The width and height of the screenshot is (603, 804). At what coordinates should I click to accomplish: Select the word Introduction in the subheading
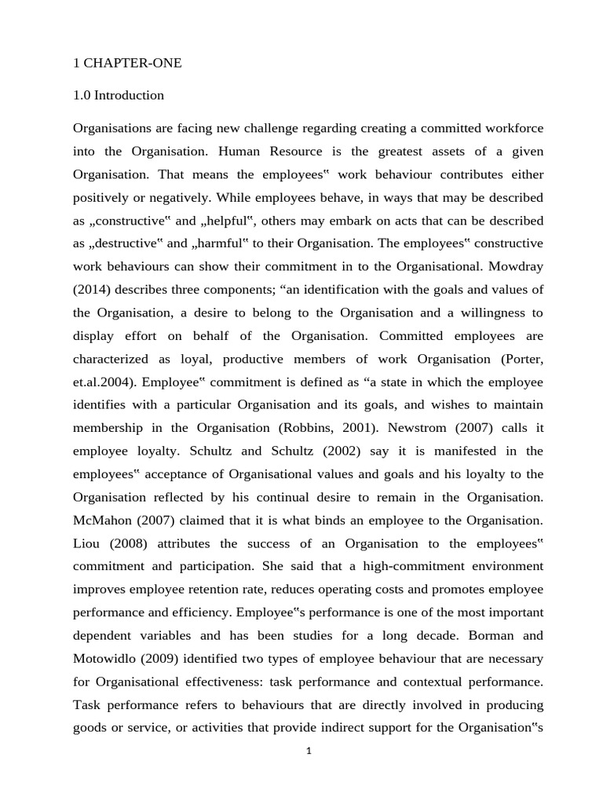pyautogui.click(x=129, y=96)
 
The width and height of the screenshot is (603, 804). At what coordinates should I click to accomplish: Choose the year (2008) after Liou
pyautogui.click(x=133, y=543)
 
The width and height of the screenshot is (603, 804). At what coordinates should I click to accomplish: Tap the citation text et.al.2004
pyautogui.click(x=107, y=382)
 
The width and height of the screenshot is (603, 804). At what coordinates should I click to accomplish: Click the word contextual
pyautogui.click(x=437, y=682)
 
